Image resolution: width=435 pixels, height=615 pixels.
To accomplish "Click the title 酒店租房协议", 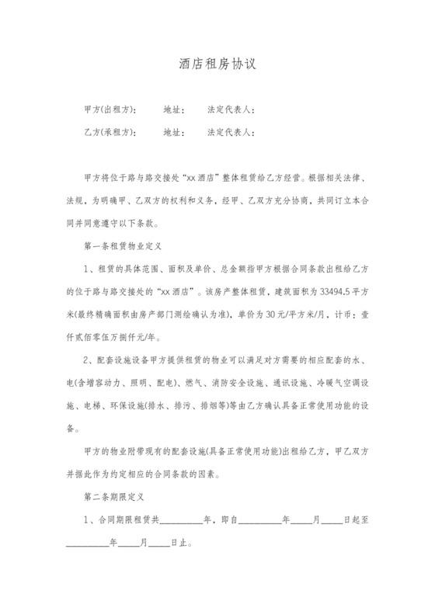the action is point(217,65).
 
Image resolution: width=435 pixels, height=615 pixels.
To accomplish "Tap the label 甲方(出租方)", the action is point(109,109).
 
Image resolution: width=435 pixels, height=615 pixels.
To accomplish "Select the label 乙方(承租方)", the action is point(109,132).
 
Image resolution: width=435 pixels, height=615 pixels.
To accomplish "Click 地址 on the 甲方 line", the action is point(173,109).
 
